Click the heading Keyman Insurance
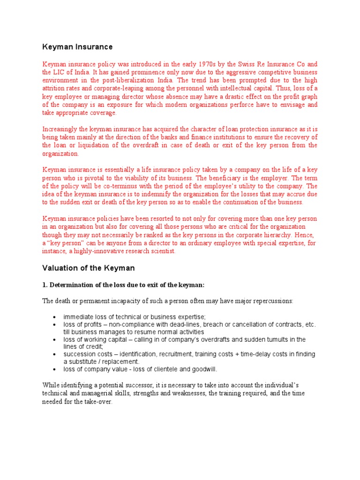point(77,47)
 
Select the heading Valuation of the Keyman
point(88,268)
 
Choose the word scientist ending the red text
point(160,251)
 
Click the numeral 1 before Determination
point(45,285)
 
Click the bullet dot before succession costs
point(55,354)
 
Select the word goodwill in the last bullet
point(203,369)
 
